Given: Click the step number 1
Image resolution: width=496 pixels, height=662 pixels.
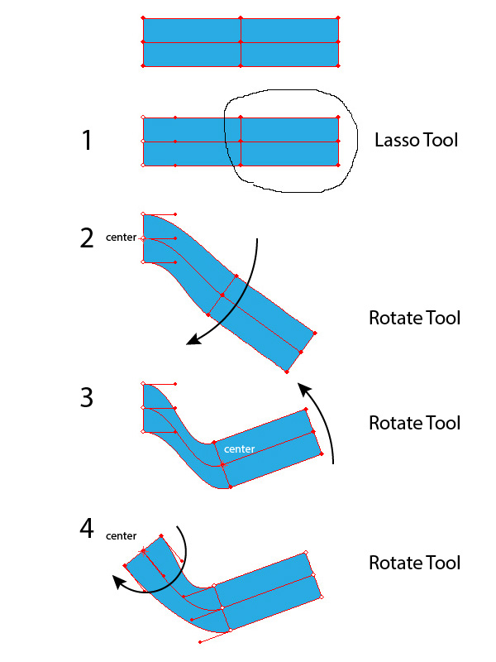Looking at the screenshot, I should pyautogui.click(x=87, y=141).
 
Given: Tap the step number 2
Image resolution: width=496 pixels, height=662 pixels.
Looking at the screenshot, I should pyautogui.click(x=87, y=237).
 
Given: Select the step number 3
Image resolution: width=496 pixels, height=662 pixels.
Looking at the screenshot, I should pyautogui.click(x=87, y=398).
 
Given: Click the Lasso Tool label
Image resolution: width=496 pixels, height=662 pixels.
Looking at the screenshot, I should pyautogui.click(x=416, y=141).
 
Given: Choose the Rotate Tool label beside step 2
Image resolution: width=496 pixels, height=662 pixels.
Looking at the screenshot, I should pyautogui.click(x=414, y=318).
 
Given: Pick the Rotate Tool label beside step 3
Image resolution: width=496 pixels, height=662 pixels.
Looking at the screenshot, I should pyautogui.click(x=414, y=423).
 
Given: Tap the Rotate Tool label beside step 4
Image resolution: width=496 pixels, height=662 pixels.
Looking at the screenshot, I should pyautogui.click(x=414, y=563).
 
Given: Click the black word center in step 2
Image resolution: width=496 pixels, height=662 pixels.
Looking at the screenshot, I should pyautogui.click(x=121, y=237).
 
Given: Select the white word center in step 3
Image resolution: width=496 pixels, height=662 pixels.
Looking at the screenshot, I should pyautogui.click(x=239, y=449).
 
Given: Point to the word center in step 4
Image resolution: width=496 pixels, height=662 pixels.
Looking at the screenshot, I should pyautogui.click(x=121, y=536).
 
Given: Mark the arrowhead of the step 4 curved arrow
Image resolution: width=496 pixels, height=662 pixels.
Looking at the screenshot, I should pyautogui.click(x=119, y=583).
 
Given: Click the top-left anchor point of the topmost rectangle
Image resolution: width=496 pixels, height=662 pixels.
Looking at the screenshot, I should pyautogui.click(x=143, y=17).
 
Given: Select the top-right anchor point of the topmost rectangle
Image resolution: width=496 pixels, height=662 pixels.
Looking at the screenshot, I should pyautogui.click(x=339, y=17).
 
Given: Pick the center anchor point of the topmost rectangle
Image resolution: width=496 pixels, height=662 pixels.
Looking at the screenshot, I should pyautogui.click(x=241, y=42).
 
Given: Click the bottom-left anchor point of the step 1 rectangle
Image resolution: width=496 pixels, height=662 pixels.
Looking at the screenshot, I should pyautogui.click(x=143, y=165).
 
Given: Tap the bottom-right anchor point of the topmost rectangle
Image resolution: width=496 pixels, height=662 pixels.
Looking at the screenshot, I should pyautogui.click(x=339, y=66).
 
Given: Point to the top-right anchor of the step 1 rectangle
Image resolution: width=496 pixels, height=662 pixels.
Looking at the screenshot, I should pyautogui.click(x=339, y=118).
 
